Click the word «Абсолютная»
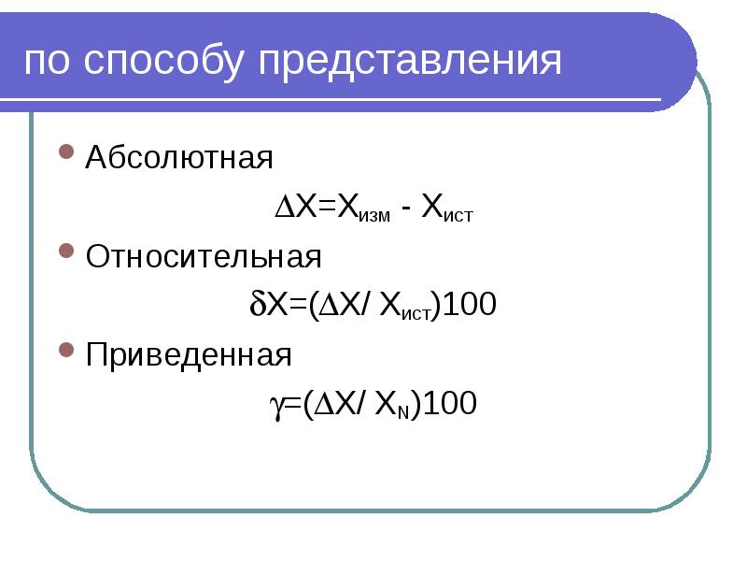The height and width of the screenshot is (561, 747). (x=179, y=157)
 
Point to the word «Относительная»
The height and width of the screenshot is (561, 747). (x=204, y=256)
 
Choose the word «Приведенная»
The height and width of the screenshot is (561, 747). (x=189, y=355)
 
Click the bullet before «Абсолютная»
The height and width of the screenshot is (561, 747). (x=65, y=151)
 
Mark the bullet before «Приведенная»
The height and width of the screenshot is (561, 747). (x=65, y=350)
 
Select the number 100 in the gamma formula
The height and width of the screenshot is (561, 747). (x=451, y=404)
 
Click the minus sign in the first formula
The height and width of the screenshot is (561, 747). (x=404, y=209)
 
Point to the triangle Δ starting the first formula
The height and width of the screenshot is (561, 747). (x=284, y=208)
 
